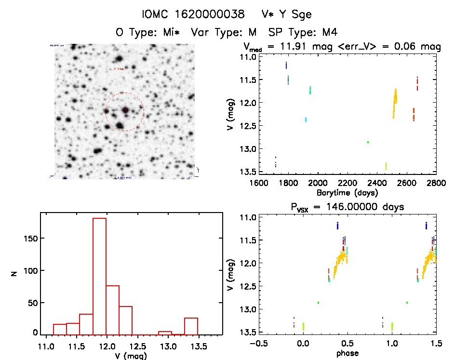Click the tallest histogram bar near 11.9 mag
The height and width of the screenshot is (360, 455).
(x=99, y=276)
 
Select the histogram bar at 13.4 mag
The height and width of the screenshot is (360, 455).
(x=191, y=326)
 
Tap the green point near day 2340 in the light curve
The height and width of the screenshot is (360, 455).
(x=368, y=142)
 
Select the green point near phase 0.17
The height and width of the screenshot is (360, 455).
(x=318, y=303)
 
